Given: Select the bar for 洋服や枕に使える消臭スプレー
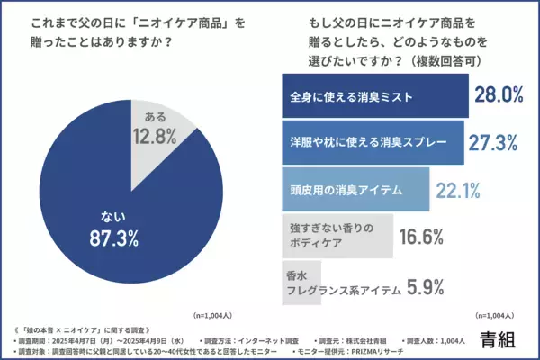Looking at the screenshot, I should pyautogui.click(x=373, y=142).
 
